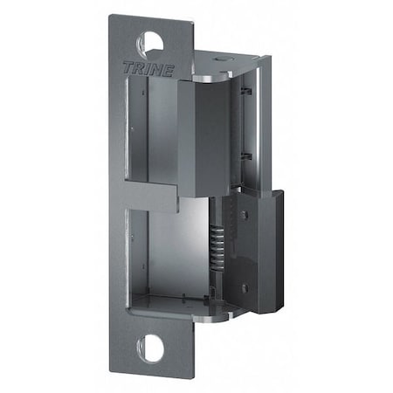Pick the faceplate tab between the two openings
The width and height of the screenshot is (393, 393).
158,196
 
